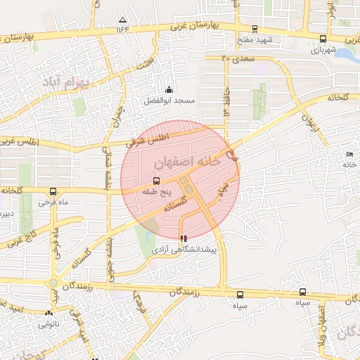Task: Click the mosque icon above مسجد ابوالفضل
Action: (169, 89)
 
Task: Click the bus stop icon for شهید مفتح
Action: (255, 29)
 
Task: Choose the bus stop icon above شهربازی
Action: (323, 39)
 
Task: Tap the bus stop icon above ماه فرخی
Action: (53, 191)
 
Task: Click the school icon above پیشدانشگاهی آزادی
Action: (184, 238)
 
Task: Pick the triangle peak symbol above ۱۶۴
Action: (124, 19)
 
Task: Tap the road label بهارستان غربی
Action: (194, 25)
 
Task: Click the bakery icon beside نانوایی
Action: (49, 313)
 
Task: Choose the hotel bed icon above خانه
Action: (349, 154)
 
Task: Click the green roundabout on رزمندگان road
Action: (53, 283)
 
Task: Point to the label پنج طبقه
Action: (153, 191)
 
